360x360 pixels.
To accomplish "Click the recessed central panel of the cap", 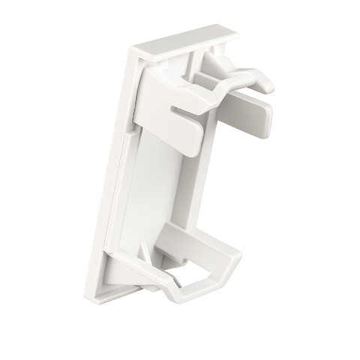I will (x=165, y=187).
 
